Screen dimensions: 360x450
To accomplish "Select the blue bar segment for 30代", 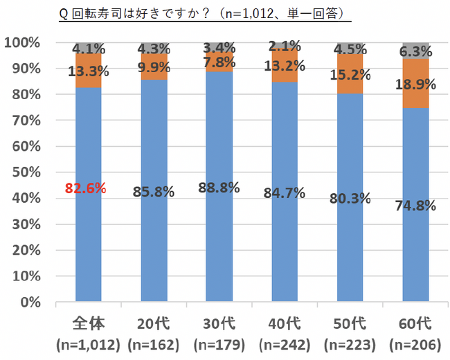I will point(219,242).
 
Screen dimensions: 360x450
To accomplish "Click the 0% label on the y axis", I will point(28,303).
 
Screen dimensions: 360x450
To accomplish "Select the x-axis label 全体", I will point(88,324).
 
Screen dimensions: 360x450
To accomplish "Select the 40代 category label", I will point(285,324).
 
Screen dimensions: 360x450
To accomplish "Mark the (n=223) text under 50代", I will point(350,344).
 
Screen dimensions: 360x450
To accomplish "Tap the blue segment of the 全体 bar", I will point(88,242).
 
